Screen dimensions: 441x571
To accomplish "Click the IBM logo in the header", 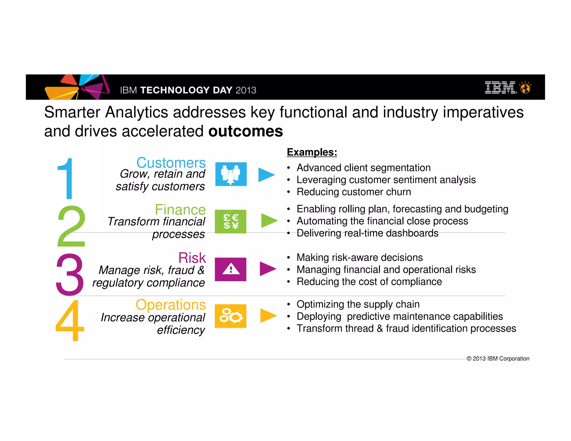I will [x=500, y=88].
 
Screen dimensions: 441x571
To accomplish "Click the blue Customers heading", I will [x=171, y=163].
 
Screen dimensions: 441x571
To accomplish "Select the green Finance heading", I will [x=180, y=210].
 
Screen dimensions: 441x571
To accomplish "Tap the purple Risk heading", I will [x=192, y=258].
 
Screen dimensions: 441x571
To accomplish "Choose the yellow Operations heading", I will [x=171, y=305].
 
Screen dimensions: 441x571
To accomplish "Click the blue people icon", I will [x=231, y=174].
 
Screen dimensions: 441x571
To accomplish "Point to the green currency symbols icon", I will [x=231, y=222].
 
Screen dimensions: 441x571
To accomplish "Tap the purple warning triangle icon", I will [x=231, y=269].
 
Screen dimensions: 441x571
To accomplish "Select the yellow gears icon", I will [x=231, y=316].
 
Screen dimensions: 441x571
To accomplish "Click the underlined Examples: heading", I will [x=312, y=152].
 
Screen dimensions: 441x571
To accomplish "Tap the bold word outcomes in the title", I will [x=246, y=131].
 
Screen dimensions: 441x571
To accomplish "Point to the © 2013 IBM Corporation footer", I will [x=498, y=358].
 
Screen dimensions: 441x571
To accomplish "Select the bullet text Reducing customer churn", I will [x=354, y=192].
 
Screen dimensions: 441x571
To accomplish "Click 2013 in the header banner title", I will [x=246, y=90].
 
